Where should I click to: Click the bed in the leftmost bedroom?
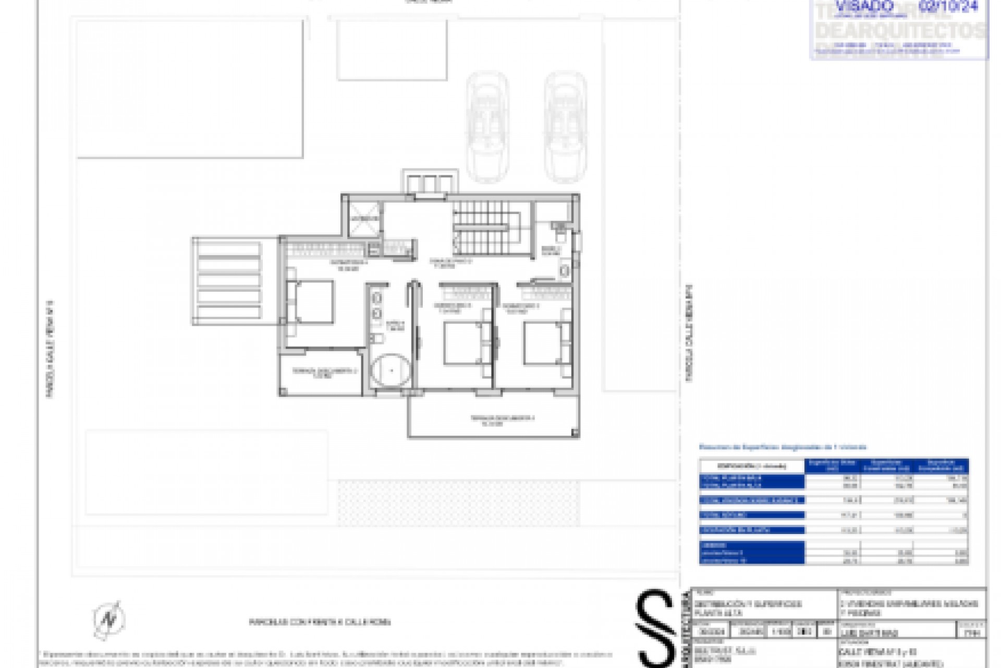click(311, 302)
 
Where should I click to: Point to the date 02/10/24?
click(955, 7)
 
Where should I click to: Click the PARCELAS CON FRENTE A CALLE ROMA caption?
click(320, 622)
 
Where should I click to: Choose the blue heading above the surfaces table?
click(782, 447)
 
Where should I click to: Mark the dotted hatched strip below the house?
click(459, 503)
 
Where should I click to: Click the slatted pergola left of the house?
click(228, 281)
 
